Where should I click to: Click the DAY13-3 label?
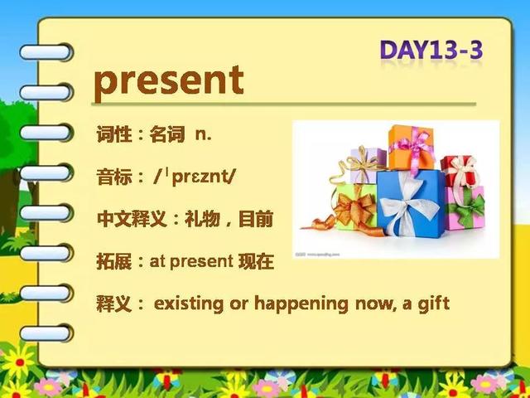click(431, 50)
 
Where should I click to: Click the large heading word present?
click(169, 82)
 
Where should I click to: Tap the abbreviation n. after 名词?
click(203, 134)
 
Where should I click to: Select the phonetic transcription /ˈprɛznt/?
click(193, 177)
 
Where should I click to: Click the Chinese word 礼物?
click(202, 220)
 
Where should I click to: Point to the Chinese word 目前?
click(256, 220)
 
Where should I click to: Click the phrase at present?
click(191, 262)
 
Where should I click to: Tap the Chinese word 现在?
click(256, 262)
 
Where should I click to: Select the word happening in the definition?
click(301, 304)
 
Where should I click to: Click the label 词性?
click(114, 134)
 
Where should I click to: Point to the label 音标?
click(114, 177)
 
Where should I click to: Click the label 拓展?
click(114, 262)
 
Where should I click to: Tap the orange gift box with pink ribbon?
click(412, 148)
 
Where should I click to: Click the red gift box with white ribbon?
click(460, 172)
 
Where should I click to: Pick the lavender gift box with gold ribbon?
click(368, 166)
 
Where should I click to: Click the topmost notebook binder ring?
click(46, 52)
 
